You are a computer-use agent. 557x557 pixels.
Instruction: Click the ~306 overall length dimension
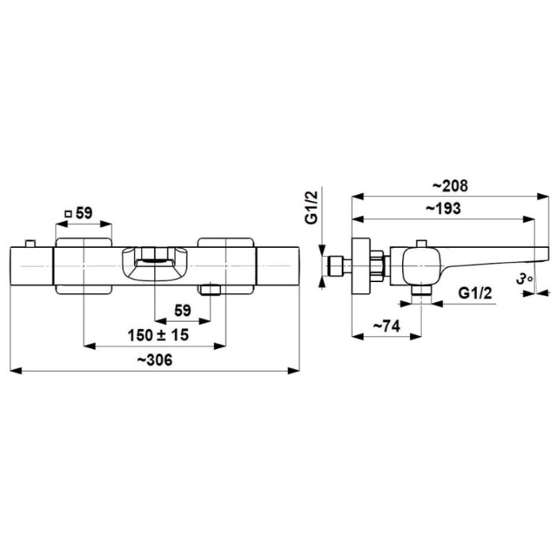click(154, 360)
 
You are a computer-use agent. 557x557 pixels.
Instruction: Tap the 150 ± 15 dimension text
click(158, 335)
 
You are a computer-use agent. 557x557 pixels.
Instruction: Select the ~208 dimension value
click(450, 185)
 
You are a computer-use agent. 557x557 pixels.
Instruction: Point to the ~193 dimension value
click(443, 209)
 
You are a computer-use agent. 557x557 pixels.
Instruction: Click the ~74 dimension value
click(387, 326)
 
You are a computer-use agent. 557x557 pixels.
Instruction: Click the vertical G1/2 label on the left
click(312, 207)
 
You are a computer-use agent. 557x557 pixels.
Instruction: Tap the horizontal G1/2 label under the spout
click(475, 294)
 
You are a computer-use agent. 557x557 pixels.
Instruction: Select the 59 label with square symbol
click(79, 213)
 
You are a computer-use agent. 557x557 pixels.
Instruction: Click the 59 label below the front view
click(182, 311)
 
